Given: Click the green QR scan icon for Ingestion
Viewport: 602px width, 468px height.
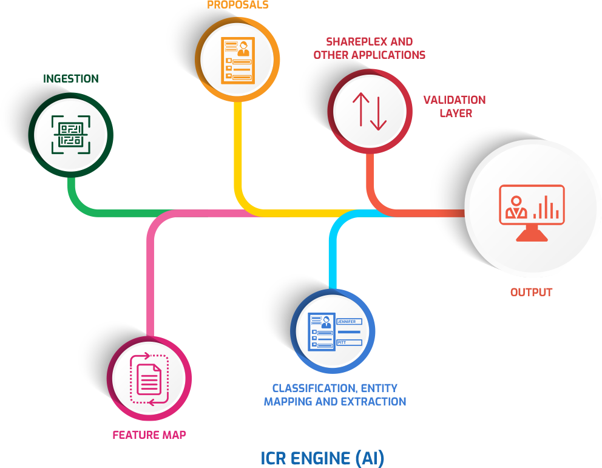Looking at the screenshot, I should pyautogui.click(x=70, y=133).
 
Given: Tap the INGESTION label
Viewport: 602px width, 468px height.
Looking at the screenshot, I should pyautogui.click(x=70, y=79).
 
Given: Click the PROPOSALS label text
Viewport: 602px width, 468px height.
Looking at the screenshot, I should pyautogui.click(x=238, y=5).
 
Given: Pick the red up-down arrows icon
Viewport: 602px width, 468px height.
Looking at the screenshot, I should pyautogui.click(x=370, y=110).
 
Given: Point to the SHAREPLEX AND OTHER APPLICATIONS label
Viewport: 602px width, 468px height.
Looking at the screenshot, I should pyautogui.click(x=369, y=48).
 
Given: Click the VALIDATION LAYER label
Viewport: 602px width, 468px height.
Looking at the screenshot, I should pyautogui.click(x=455, y=106).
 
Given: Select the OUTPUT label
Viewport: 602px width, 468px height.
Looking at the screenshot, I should pyautogui.click(x=532, y=292).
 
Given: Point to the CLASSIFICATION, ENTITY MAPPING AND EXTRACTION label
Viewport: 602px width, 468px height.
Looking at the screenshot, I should pyautogui.click(x=335, y=395).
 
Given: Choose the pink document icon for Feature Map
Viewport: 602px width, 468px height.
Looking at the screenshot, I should pyautogui.click(x=149, y=378).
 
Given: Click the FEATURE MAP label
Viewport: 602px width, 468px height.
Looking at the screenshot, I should pyautogui.click(x=149, y=435).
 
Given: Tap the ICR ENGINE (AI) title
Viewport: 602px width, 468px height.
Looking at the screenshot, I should pyautogui.click(x=322, y=458).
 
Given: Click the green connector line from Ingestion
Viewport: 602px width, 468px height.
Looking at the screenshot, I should pyautogui.click(x=115, y=213).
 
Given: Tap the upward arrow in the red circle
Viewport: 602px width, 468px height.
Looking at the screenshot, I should pyautogui.click(x=360, y=110).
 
